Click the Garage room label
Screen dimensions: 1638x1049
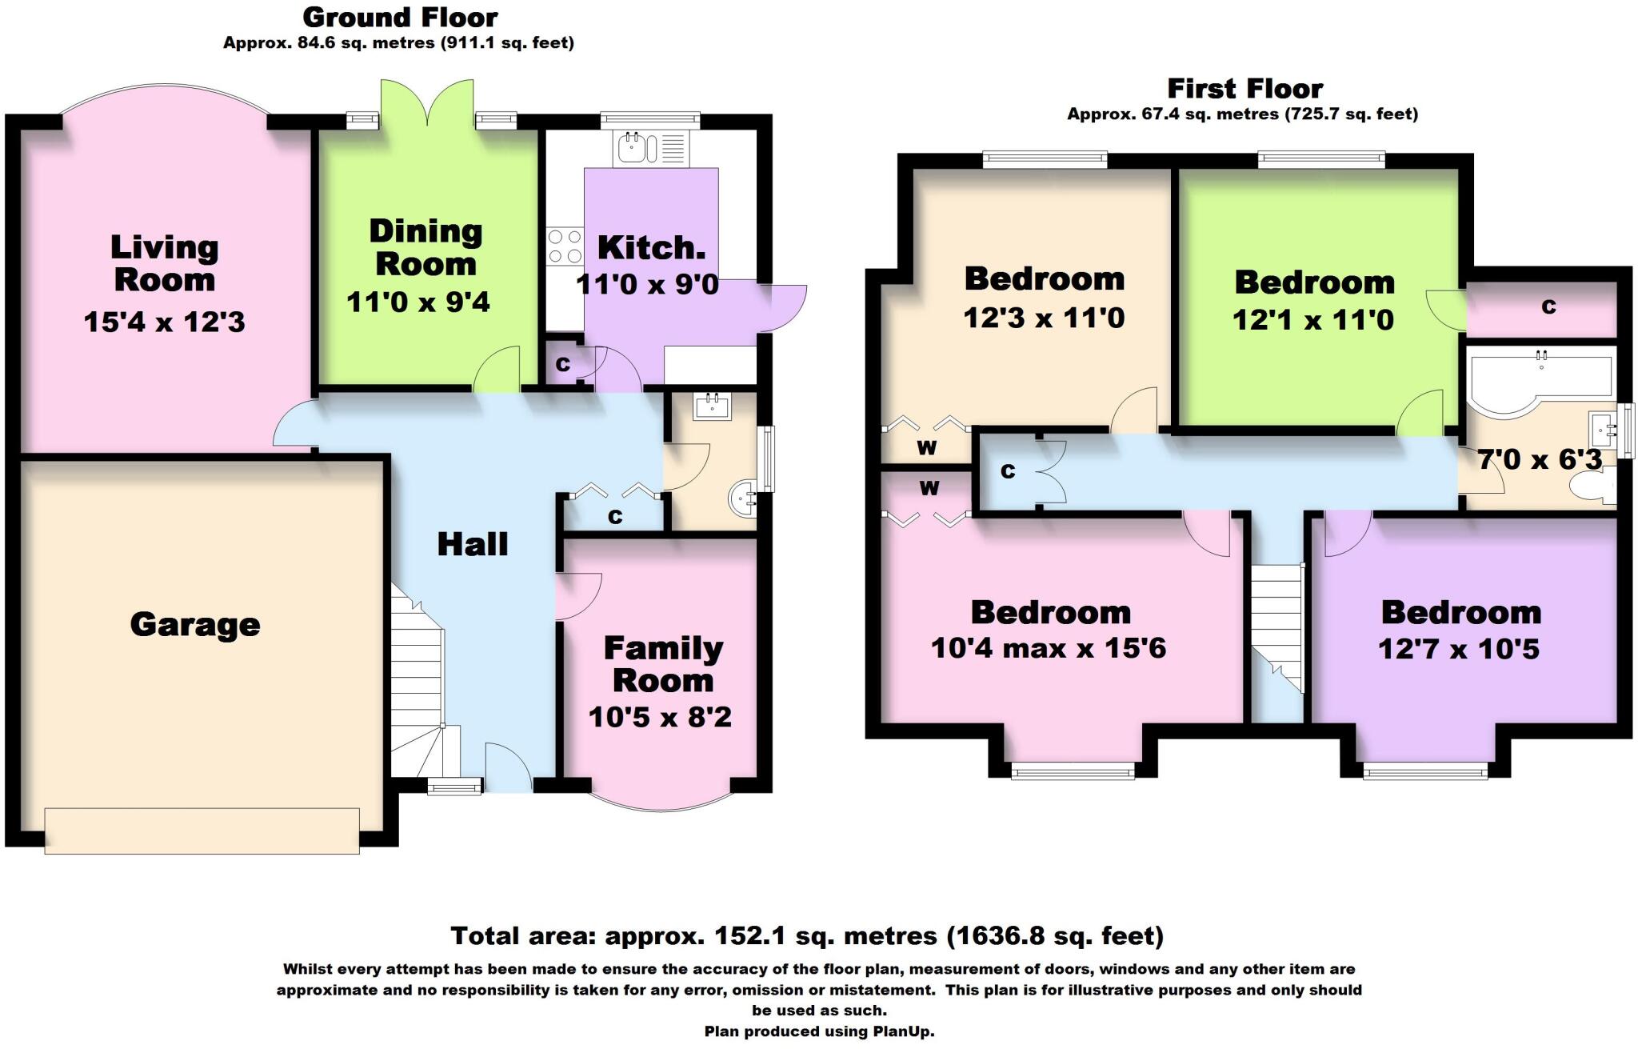point(195,625)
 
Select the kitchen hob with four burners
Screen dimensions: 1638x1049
point(565,246)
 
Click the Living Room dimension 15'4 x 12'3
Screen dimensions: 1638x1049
point(164,322)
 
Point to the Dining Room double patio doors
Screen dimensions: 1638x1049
point(428,102)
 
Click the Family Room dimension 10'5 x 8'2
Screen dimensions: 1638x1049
point(661,717)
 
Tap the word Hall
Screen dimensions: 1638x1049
point(473,544)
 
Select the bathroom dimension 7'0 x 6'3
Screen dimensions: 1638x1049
point(1540,459)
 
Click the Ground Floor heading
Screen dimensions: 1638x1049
point(400,17)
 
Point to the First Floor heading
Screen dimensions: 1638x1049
point(1244,88)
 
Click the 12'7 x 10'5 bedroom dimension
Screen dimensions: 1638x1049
point(1459,649)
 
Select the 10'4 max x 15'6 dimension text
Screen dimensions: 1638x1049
point(1049,647)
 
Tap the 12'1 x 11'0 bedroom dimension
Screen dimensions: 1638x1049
point(1313,320)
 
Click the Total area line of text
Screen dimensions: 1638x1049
point(807,935)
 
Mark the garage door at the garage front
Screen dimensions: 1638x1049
point(202,831)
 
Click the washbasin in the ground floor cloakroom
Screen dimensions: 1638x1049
point(713,406)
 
